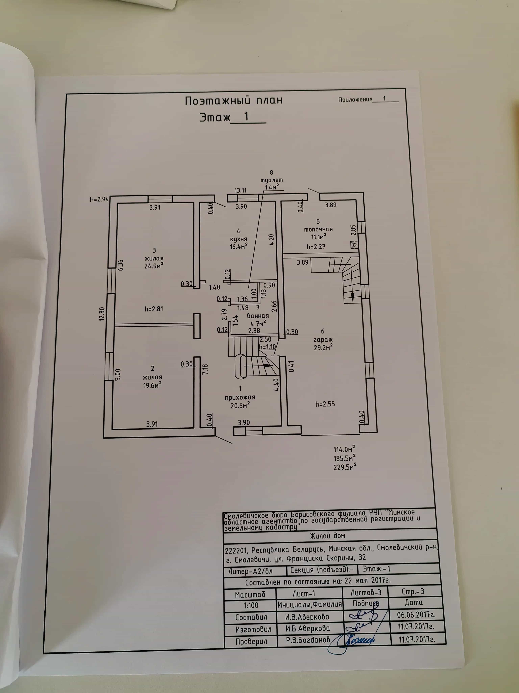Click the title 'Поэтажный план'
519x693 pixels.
pos(234,100)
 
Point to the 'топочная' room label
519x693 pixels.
pos(318,229)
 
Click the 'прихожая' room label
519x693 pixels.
pos(240,397)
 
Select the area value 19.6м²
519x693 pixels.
pos(152,385)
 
